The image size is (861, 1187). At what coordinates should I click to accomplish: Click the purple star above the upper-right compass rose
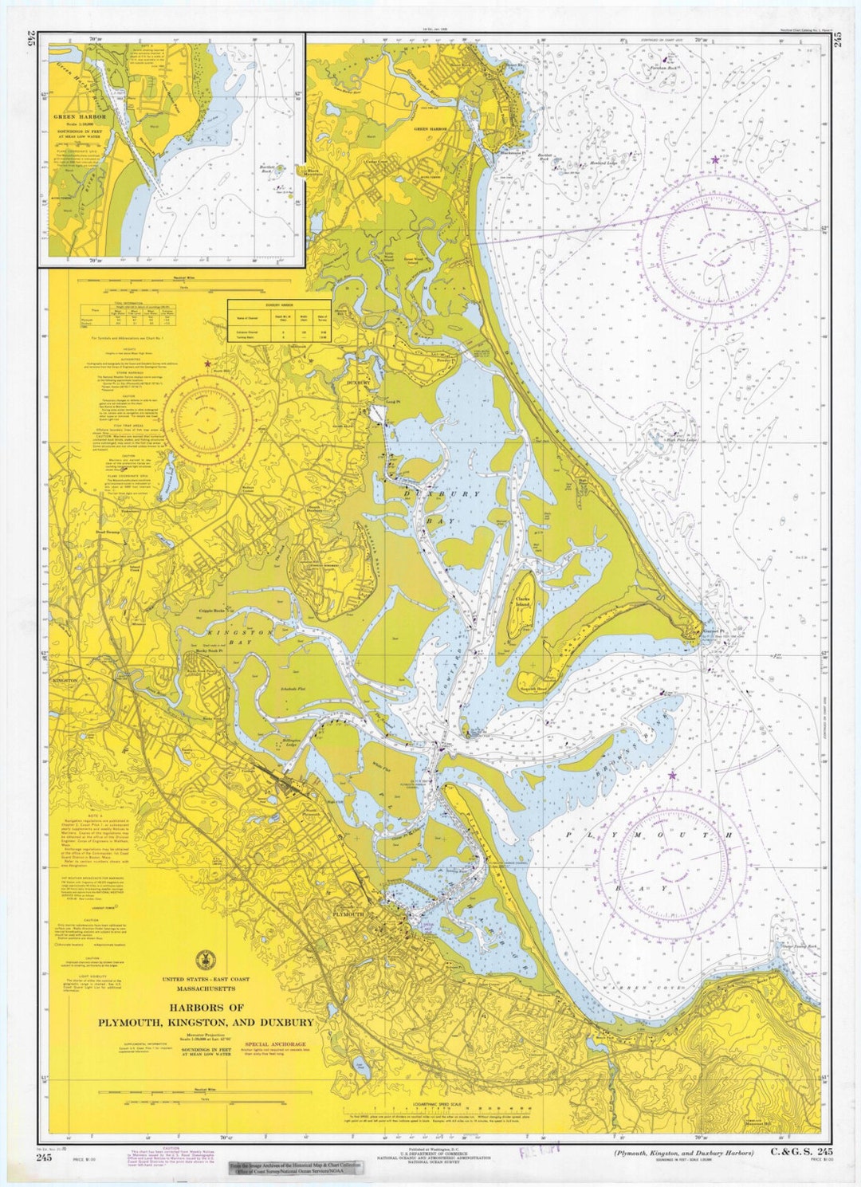pos(715,160)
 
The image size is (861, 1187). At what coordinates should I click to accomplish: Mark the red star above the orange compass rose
pos(208,364)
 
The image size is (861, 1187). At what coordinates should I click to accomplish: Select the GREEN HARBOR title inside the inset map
pos(74,117)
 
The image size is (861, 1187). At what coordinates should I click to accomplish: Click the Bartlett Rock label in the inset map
pos(267,169)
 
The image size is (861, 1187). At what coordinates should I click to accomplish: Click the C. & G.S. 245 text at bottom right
pos(800,1153)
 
